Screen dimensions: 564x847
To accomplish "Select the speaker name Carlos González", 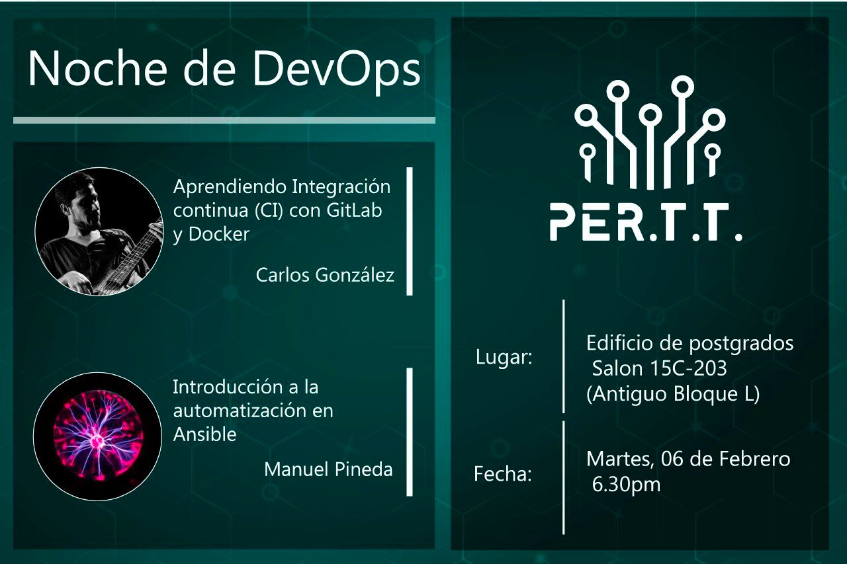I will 325,275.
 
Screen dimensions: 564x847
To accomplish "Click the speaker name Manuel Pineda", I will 328,469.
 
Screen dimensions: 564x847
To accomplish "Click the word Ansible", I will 204,434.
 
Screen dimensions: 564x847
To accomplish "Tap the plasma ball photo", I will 97,436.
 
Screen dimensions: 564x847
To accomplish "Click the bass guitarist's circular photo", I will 99,231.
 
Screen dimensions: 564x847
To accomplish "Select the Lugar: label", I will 504,358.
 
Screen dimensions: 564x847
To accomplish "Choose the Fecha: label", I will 503,474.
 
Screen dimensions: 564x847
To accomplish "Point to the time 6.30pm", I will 627,485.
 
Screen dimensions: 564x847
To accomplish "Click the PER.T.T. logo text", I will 645,223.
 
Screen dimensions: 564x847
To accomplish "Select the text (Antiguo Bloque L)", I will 673,394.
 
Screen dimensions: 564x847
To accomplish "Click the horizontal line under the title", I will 224,120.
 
